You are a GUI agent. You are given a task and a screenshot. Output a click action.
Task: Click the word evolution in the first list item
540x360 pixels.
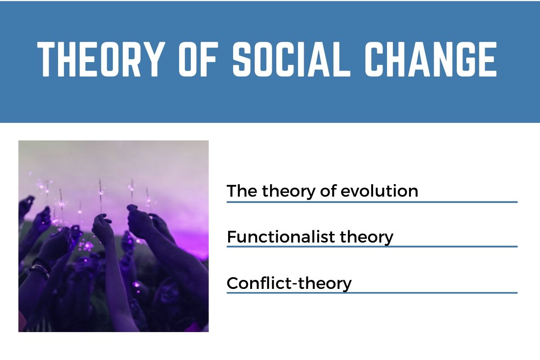[x=379, y=191]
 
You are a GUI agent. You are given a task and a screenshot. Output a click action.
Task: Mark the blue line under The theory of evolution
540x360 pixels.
[x=372, y=202]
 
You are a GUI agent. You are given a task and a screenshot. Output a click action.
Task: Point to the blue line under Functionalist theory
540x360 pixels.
[x=372, y=247]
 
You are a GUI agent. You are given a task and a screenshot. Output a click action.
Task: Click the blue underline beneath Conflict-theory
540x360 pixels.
[x=372, y=293]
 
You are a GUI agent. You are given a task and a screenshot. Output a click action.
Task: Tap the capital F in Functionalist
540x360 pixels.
[x=231, y=237]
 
